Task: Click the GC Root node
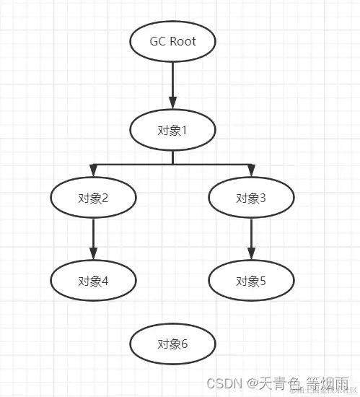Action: click(x=172, y=41)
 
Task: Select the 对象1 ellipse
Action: click(x=172, y=130)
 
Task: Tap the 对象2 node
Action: click(x=93, y=197)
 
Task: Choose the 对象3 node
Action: click(x=251, y=197)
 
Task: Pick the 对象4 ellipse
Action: click(x=93, y=281)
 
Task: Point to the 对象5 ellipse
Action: click(x=251, y=281)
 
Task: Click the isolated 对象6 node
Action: click(x=172, y=344)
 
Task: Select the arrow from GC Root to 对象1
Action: click(x=172, y=83)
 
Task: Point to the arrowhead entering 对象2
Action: click(x=93, y=170)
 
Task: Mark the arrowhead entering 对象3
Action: click(x=251, y=170)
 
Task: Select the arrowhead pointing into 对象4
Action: click(x=93, y=253)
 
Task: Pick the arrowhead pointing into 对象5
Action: click(x=251, y=253)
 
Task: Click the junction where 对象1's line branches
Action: click(x=172, y=164)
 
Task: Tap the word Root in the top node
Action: click(x=183, y=41)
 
